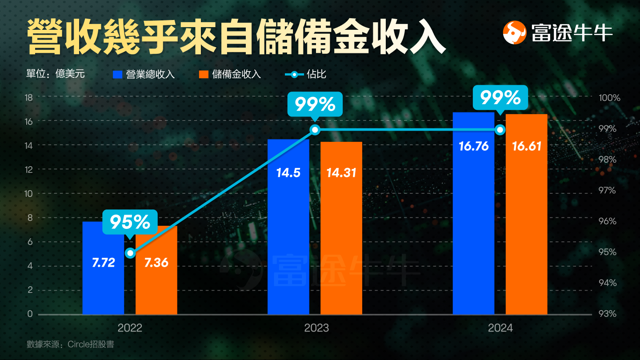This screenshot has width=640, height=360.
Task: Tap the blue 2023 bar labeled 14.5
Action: point(288,231)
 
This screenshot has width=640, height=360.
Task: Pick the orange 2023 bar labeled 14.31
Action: point(341,231)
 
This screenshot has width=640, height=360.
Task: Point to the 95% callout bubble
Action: point(130,222)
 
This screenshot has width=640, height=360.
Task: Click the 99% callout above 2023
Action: point(315,104)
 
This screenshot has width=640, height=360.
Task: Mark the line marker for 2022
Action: point(130,253)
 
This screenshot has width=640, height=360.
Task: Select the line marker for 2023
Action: point(315,130)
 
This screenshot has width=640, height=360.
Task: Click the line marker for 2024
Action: point(500,130)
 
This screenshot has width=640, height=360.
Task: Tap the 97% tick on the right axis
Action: point(608,190)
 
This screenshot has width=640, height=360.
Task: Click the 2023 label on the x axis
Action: point(316,328)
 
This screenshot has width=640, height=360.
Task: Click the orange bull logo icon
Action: point(515,33)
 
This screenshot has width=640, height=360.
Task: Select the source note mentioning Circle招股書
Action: point(70,344)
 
